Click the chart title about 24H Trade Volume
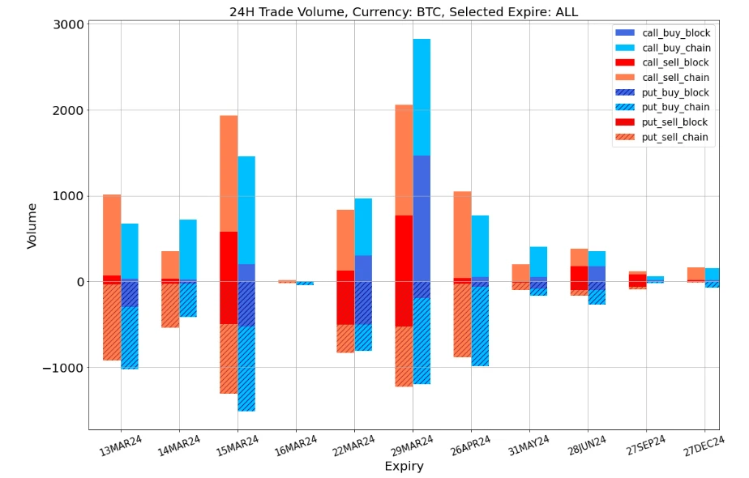(404, 11)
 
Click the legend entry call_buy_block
(674, 33)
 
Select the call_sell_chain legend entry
(674, 78)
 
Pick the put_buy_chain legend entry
(674, 107)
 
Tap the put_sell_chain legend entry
(674, 137)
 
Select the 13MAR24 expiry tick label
(120, 446)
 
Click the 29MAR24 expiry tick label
(412, 446)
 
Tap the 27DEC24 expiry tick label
(703, 446)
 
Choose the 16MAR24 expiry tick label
(295, 446)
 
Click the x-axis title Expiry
(404, 467)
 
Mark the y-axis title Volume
(32, 225)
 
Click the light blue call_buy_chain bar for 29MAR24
(422, 97)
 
